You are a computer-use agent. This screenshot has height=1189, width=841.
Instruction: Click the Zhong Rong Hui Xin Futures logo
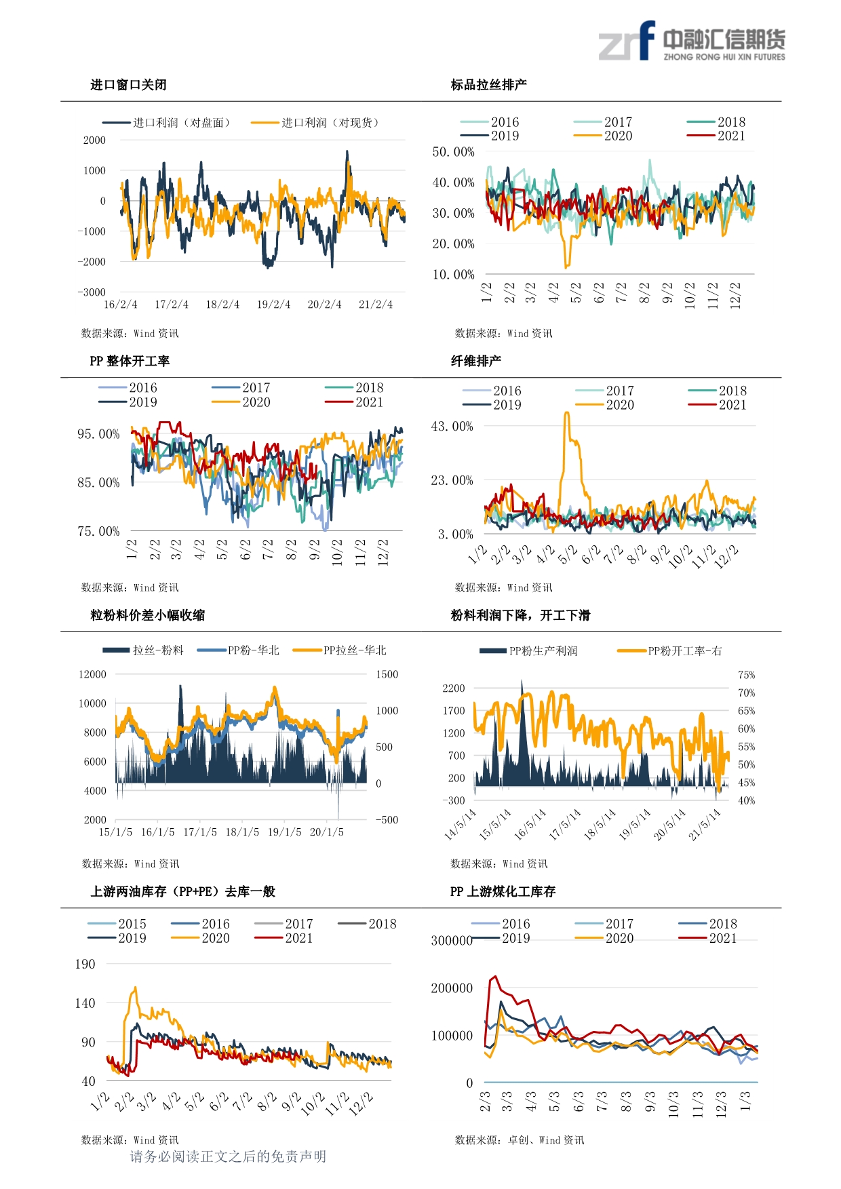point(692,41)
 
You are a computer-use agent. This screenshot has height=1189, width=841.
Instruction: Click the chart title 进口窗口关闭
point(129,85)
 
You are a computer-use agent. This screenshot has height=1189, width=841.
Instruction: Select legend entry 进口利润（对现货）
point(315,123)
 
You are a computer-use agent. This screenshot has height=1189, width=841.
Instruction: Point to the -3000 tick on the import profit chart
point(92,292)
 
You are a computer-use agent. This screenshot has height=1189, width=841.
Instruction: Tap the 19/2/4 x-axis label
point(273,305)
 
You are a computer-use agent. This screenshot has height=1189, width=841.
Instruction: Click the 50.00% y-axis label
point(454,152)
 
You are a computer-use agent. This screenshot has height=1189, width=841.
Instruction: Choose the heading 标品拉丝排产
point(489,85)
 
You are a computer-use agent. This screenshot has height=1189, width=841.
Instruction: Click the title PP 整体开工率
point(130,361)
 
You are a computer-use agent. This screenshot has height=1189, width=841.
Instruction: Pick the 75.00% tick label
point(98,531)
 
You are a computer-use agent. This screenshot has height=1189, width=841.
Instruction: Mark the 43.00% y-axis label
point(452,426)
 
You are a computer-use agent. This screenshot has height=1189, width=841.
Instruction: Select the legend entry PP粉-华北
point(238,650)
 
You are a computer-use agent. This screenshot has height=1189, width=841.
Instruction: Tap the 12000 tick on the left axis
point(93,674)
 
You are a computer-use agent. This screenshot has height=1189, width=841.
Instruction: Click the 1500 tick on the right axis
point(387,674)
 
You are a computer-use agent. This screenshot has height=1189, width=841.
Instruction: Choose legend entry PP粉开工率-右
point(669,651)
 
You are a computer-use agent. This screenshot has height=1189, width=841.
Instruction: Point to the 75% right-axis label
point(747,675)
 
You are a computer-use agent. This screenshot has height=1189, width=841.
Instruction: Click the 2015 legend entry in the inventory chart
point(117,924)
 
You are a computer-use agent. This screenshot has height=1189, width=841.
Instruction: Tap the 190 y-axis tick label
point(85,964)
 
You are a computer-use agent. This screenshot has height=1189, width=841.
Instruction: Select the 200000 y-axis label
point(452,988)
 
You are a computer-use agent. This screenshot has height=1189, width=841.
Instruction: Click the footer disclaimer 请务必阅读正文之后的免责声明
point(228,1156)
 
